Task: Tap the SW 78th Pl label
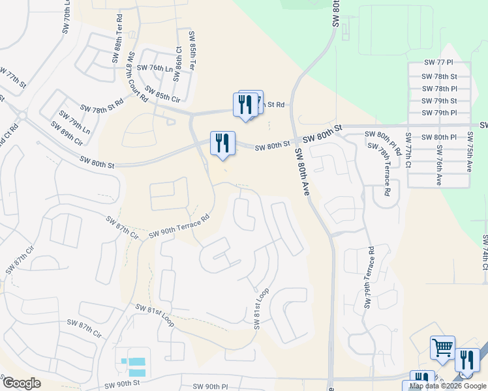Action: pos(439,88)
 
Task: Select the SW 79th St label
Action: pos(439,100)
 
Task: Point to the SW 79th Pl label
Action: pos(439,113)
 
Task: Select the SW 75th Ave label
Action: pos(468,152)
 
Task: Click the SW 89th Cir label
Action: pos(70,138)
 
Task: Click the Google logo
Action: pos(21,383)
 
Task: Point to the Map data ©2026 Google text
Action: pos(447,386)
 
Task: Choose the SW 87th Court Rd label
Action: pos(136,77)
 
